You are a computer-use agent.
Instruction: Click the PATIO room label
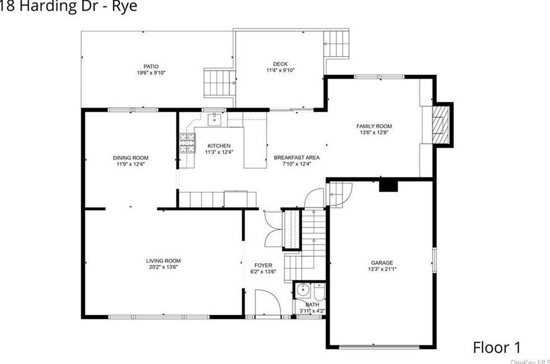(151, 66)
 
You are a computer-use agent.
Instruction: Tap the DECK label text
(280, 63)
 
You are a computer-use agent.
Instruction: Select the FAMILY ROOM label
(374, 126)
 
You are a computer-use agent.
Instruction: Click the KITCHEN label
(219, 145)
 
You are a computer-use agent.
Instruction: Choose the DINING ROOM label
(130, 158)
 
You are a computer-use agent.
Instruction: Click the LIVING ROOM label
(163, 260)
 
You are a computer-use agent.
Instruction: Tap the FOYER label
(263, 265)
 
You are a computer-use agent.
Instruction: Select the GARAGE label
(382, 262)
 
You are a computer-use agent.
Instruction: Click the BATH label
(312, 305)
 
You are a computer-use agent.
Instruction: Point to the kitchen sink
(216, 119)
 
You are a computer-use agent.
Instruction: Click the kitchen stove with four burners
(187, 143)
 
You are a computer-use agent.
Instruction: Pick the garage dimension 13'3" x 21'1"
(382, 269)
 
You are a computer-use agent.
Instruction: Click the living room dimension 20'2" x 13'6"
(163, 267)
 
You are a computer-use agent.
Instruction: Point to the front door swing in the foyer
(267, 303)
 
